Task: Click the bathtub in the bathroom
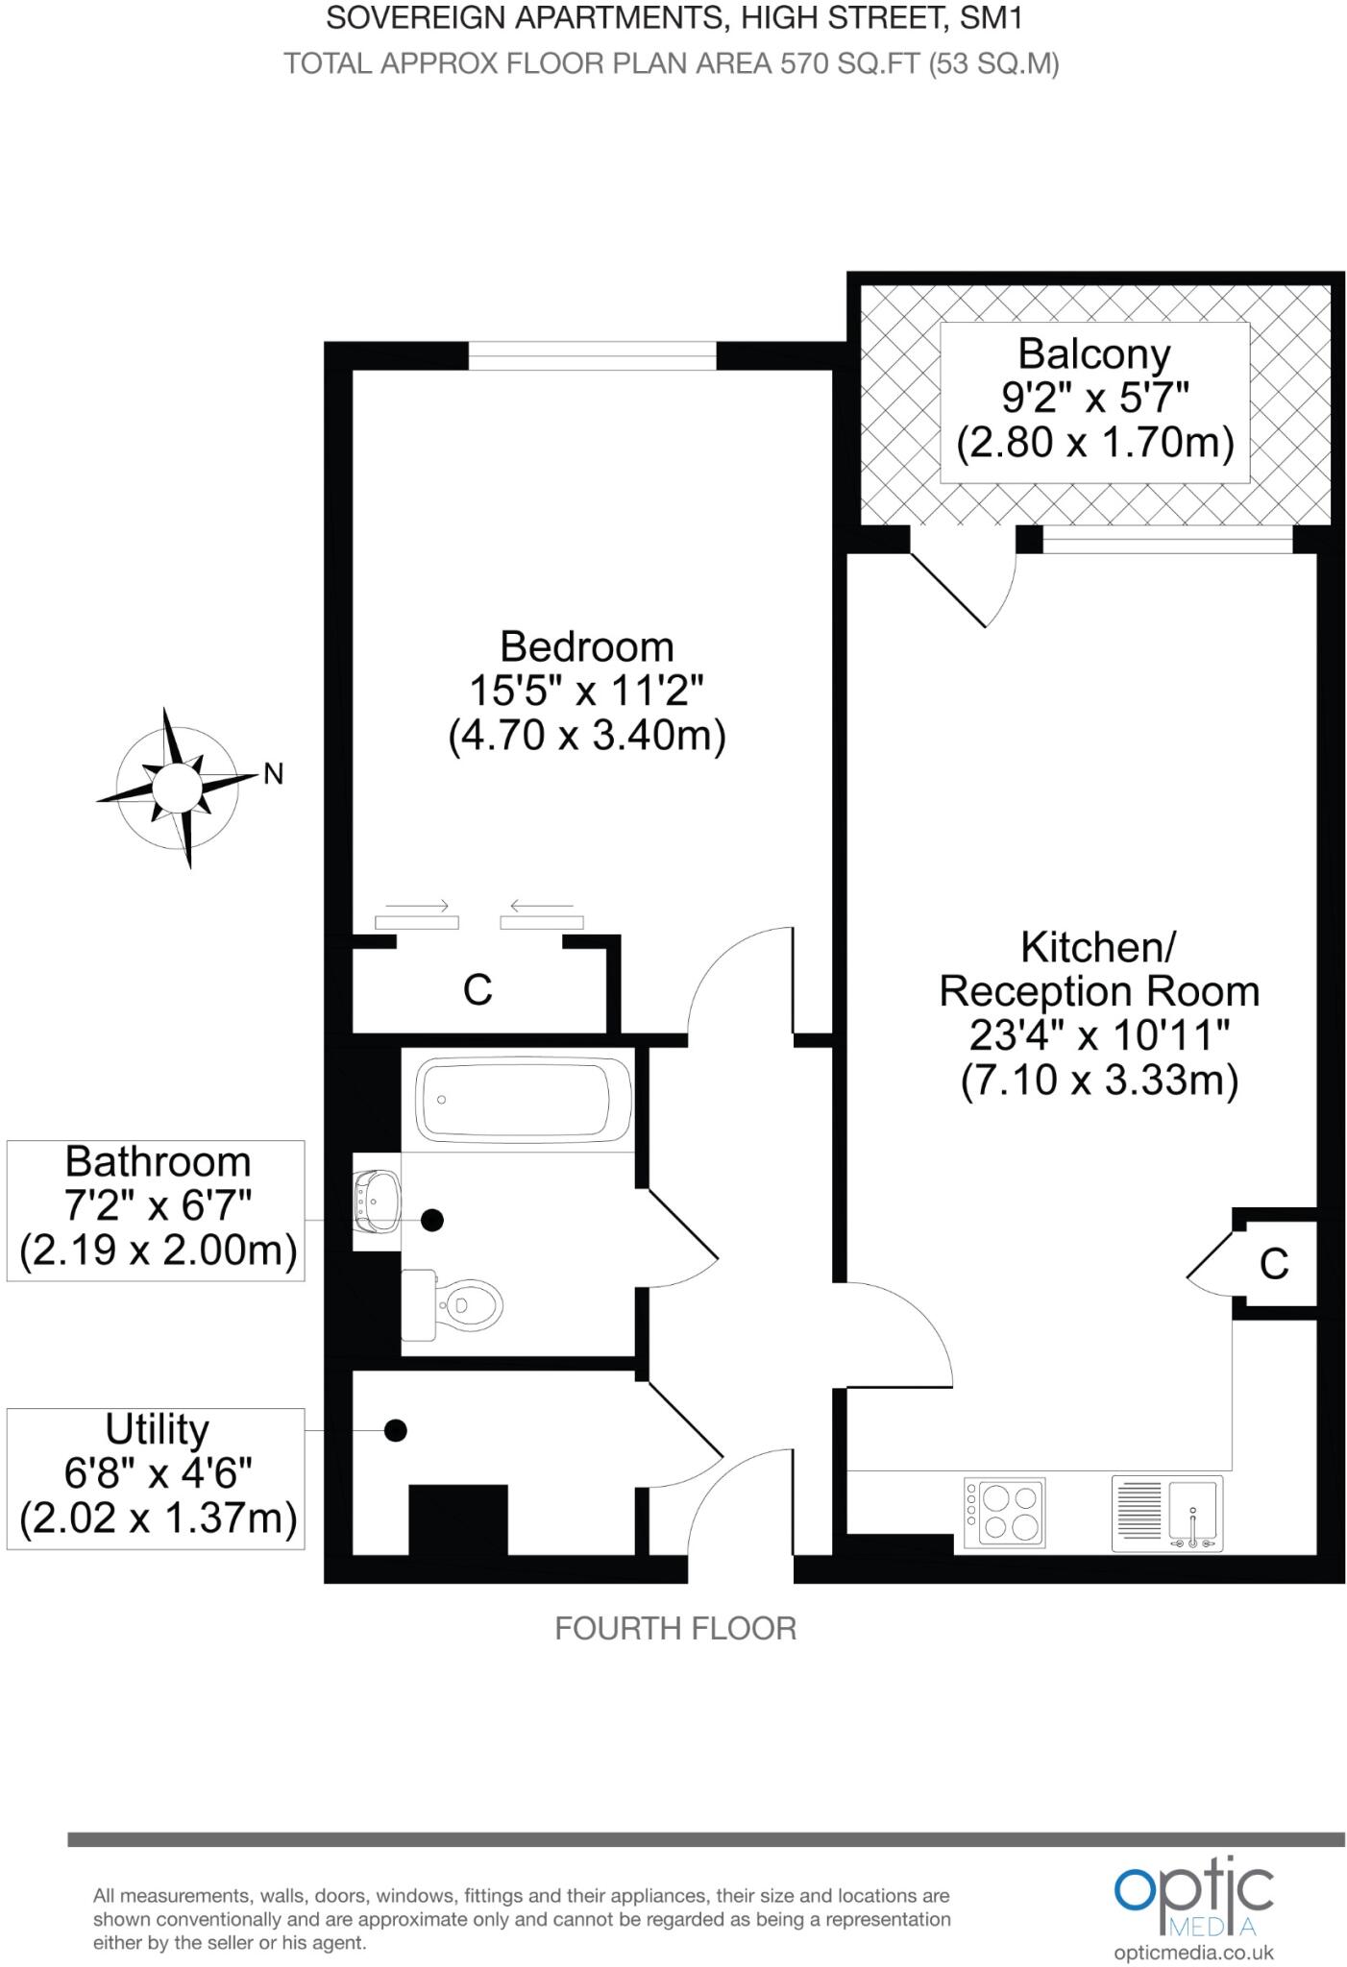[x=524, y=1100]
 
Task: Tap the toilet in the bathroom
[x=463, y=1304]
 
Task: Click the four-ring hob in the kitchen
[x=1004, y=1513]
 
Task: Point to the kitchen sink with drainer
[x=1167, y=1514]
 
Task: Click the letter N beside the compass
[x=274, y=774]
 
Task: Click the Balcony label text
[x=1094, y=353]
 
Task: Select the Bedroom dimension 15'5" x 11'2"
[x=586, y=691]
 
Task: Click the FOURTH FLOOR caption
[x=675, y=1629]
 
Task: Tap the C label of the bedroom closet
[x=478, y=989]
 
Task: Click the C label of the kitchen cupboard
[x=1274, y=1264]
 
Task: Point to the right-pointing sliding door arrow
[x=417, y=906]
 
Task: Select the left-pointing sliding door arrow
[x=542, y=906]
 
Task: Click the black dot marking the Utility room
[x=395, y=1431]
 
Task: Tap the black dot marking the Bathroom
[x=432, y=1220]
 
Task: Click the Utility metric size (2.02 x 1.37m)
[x=158, y=1518]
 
